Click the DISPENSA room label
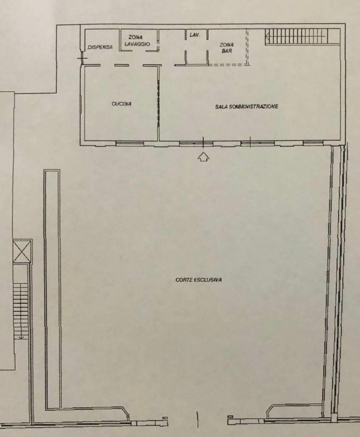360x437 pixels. click(100, 47)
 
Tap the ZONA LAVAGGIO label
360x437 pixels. click(137, 41)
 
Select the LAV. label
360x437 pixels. click(195, 35)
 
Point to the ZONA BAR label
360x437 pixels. click(226, 48)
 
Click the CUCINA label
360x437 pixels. click(122, 104)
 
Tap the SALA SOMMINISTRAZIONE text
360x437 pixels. click(246, 106)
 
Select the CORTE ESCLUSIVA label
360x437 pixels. click(199, 280)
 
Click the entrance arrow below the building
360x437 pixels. click(204, 157)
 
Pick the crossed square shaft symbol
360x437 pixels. click(22, 251)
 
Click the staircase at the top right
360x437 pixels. click(302, 36)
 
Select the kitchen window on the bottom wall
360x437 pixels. click(129, 143)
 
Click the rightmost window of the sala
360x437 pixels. click(313, 143)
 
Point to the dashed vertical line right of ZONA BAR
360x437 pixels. click(247, 47)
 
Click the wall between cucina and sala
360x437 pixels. click(159, 103)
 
